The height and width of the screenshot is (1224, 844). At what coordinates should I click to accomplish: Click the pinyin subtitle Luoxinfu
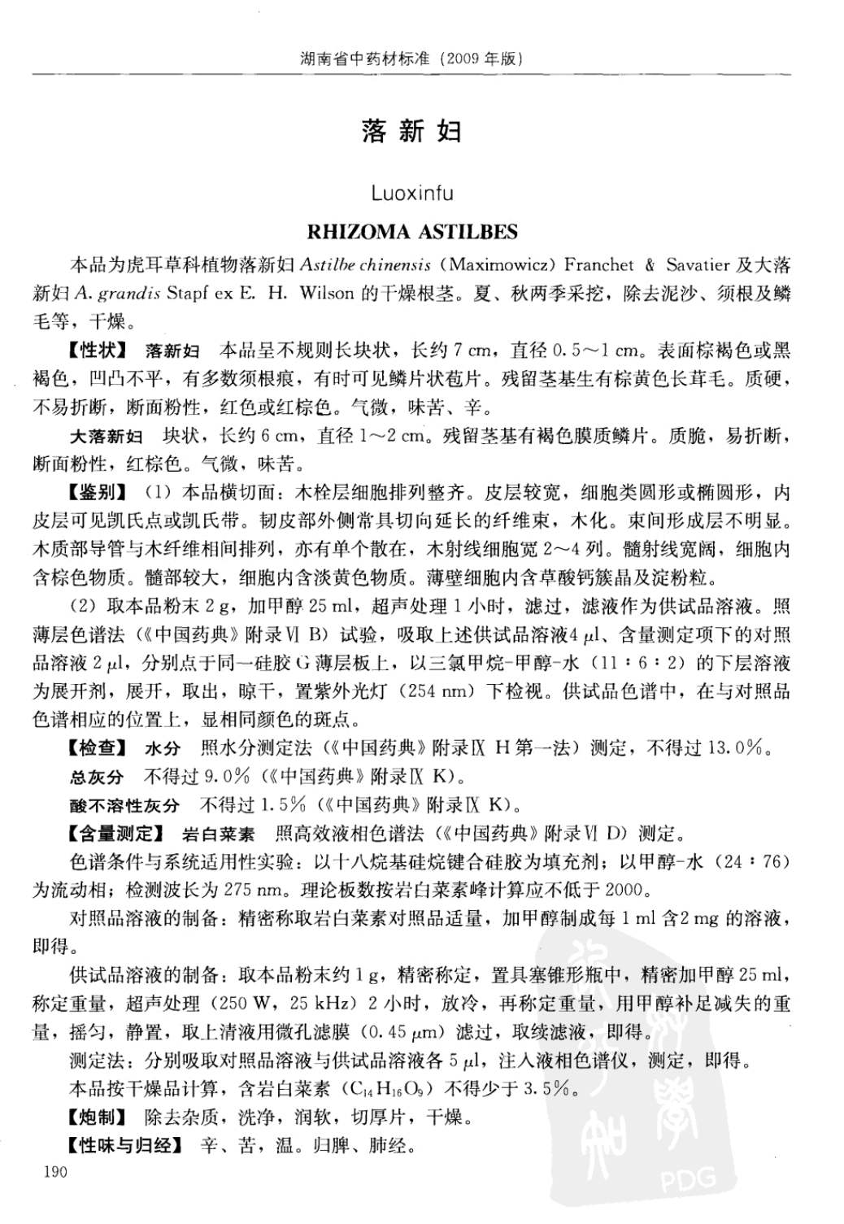coord(411,194)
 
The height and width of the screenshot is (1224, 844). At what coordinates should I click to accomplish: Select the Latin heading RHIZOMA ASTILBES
coord(411,232)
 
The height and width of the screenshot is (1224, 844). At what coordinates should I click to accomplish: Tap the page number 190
coord(50,1172)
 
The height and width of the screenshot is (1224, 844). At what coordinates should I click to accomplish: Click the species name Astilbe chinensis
coord(365,265)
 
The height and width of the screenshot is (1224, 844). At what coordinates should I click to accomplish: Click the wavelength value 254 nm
coord(445,692)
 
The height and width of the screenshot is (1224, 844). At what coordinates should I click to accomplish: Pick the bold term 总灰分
coord(97,777)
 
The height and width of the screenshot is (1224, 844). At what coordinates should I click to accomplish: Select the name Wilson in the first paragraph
coord(326,294)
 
